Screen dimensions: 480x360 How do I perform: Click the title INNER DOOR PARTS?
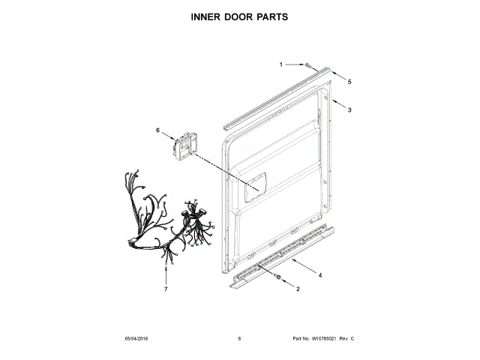pyautogui.click(x=240, y=16)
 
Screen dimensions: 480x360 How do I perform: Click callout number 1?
pyautogui.click(x=281, y=64)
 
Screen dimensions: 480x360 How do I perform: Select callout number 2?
pyautogui.click(x=298, y=289)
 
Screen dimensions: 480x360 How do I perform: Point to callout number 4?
pyautogui.click(x=320, y=275)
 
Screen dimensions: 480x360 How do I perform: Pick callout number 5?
pyautogui.click(x=349, y=81)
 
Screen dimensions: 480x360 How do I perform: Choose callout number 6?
pyautogui.click(x=158, y=130)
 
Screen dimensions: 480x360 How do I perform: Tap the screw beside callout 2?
pyautogui.click(x=279, y=278)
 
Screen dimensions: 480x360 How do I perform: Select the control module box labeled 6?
pyautogui.click(x=184, y=146)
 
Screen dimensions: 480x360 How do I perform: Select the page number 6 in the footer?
pyautogui.click(x=239, y=339)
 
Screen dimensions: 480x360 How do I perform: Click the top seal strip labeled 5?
pyautogui.click(x=277, y=94)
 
